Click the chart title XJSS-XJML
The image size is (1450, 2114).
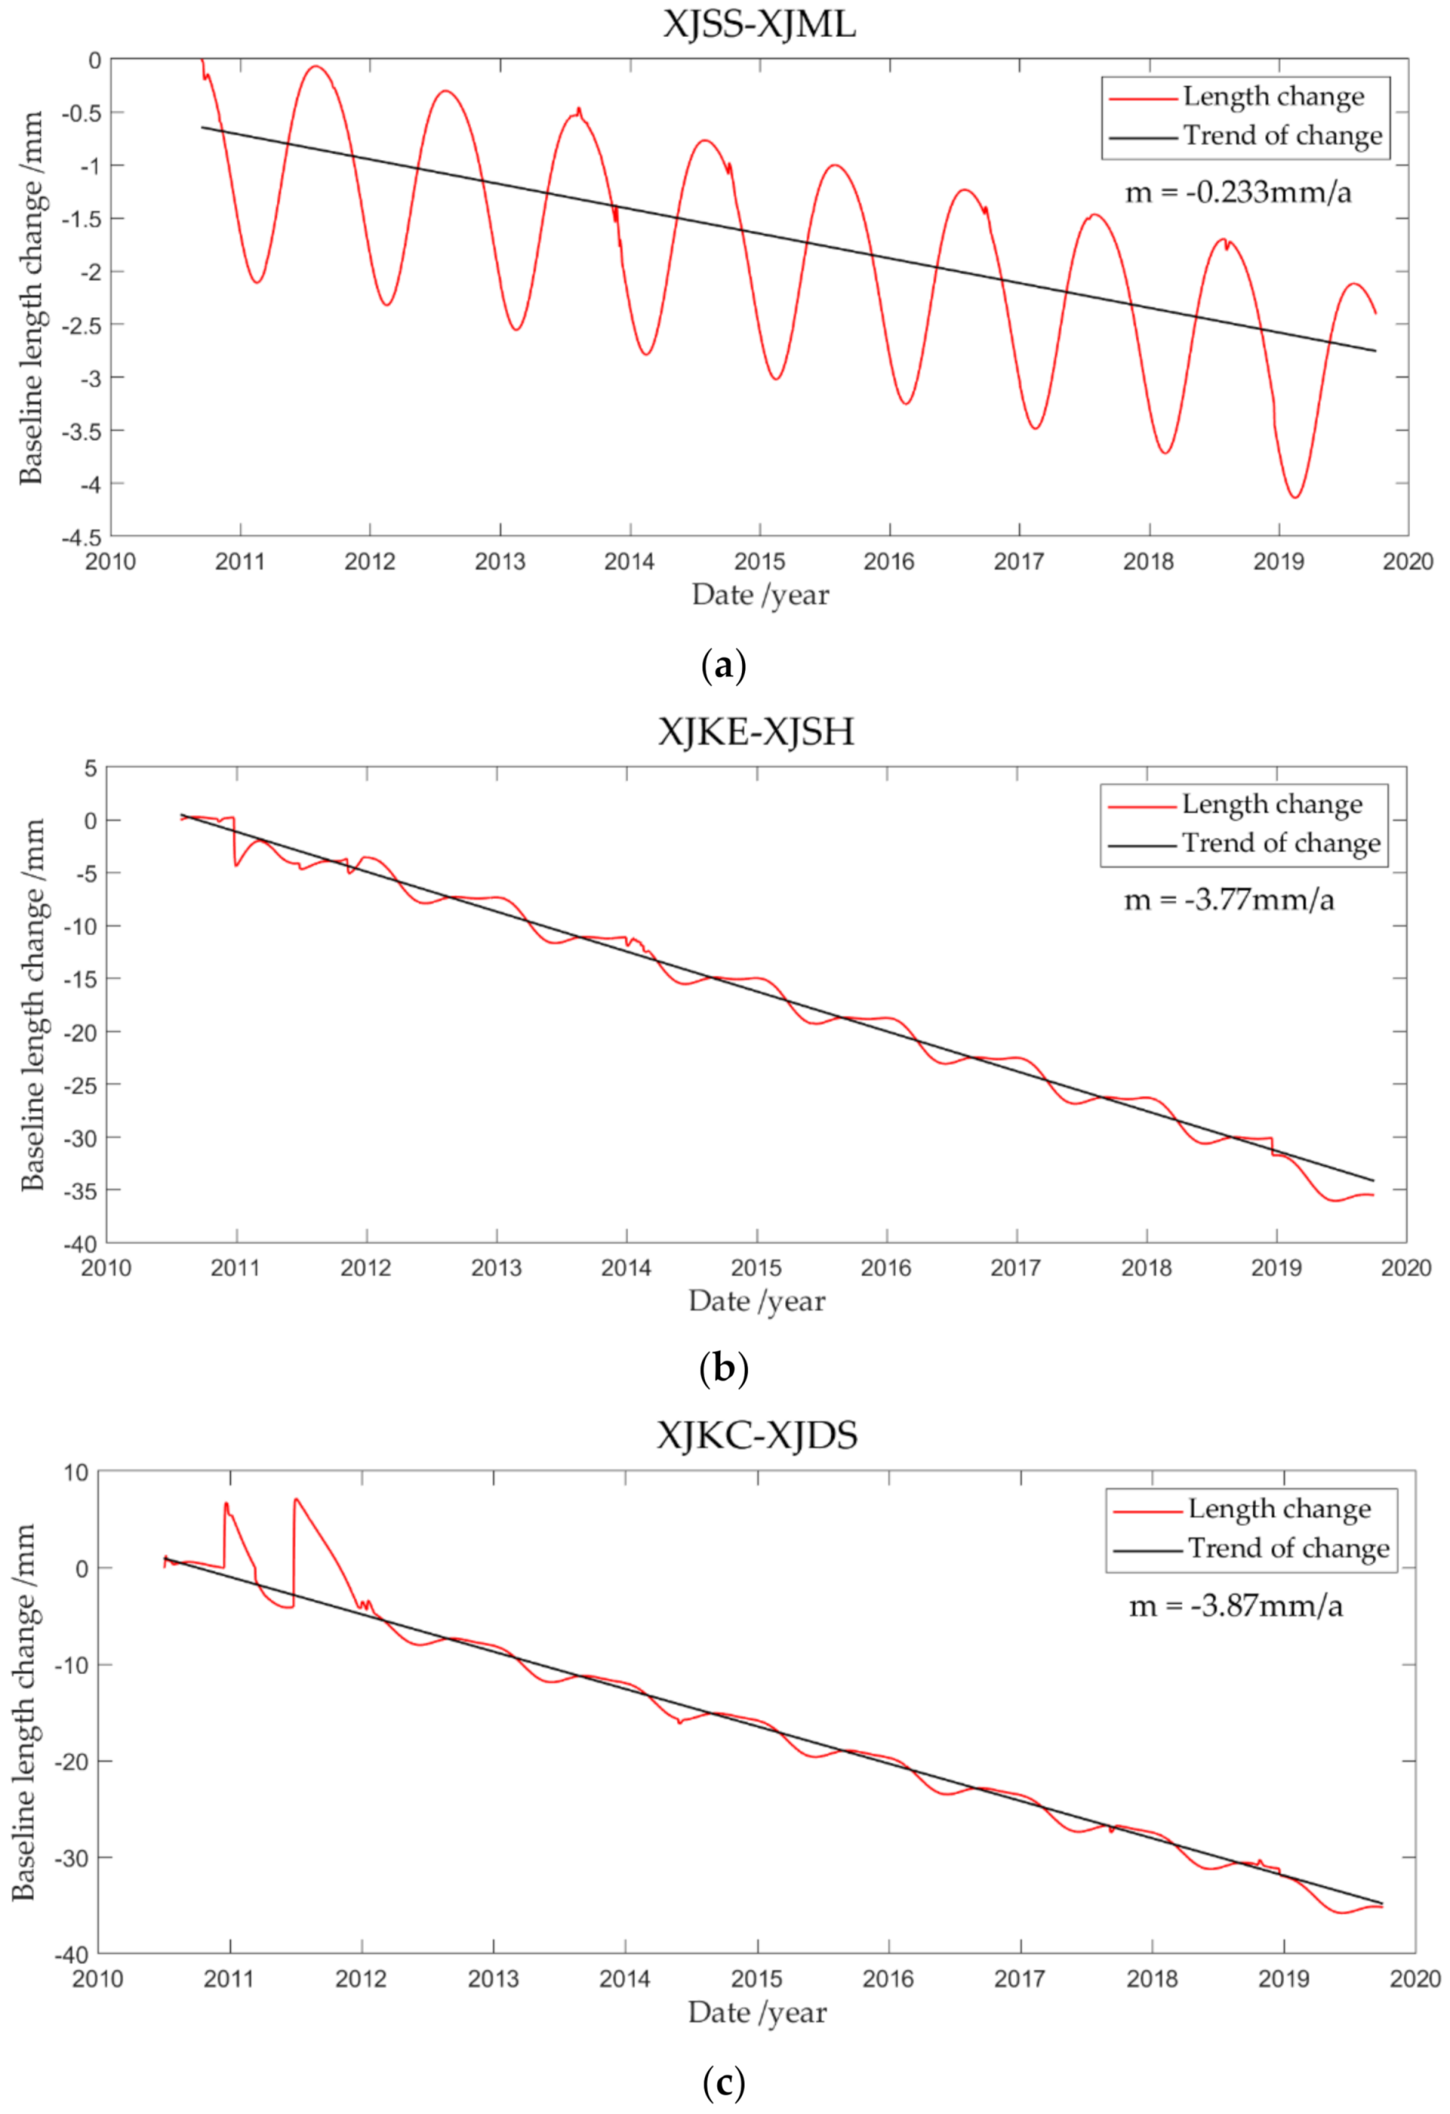tap(759, 24)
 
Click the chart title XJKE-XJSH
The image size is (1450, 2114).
tap(756, 731)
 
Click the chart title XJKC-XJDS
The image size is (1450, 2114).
tap(757, 1435)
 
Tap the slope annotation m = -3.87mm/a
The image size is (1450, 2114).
tap(1235, 1606)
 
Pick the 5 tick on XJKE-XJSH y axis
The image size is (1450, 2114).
tap(89, 769)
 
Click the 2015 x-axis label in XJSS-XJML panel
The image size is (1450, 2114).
tap(759, 561)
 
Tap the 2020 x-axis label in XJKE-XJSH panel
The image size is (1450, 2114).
tap(1405, 1268)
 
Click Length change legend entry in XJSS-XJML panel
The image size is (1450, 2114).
tap(1273, 96)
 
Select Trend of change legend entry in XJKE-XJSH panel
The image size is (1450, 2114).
tap(1280, 843)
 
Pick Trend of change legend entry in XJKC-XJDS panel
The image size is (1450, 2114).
tap(1288, 1548)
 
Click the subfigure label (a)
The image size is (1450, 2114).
tap(724, 666)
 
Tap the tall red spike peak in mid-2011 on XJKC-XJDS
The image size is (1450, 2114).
tap(296, 1499)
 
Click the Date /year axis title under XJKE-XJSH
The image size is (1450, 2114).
tap(756, 1301)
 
